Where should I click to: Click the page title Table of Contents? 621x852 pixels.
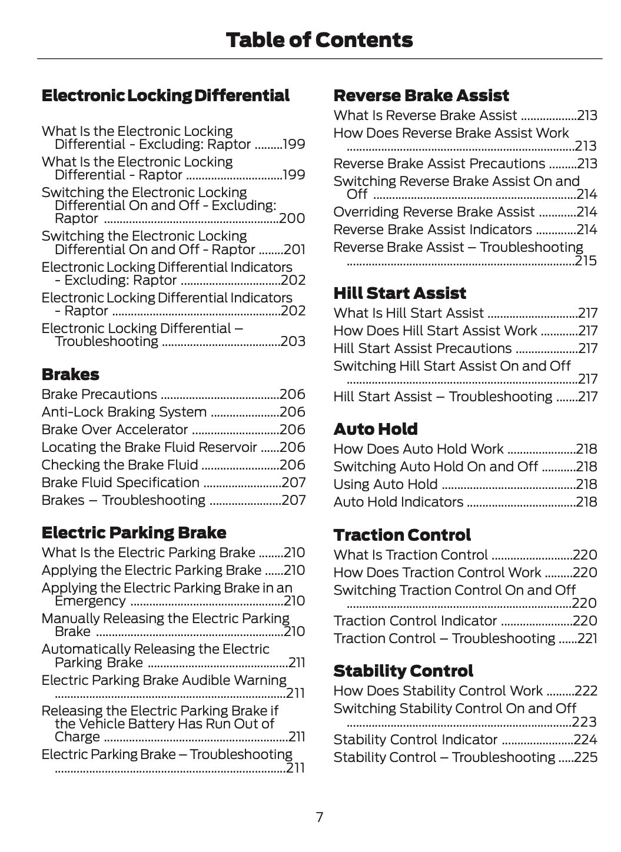coord(319,40)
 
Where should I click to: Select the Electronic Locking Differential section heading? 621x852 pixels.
coord(165,95)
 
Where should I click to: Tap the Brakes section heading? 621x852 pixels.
coord(70,374)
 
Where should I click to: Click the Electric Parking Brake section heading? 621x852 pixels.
coord(134,532)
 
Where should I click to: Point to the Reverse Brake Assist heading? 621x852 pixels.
coord(421,95)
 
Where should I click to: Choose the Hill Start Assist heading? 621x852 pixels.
coord(399,293)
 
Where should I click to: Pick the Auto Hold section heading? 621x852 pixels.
coord(375,429)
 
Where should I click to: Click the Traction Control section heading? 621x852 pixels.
coord(401,535)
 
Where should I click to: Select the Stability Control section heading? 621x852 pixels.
coord(403,671)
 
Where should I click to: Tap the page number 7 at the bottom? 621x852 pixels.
coord(319,817)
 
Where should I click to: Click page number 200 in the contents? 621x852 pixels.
coord(292,218)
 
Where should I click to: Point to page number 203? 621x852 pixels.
coord(293,341)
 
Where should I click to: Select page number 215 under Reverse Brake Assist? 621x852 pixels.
coord(586,261)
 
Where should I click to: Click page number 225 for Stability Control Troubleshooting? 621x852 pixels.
coord(586,757)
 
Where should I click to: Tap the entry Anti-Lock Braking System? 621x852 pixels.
coord(124,412)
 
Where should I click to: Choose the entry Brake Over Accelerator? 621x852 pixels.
coord(114,430)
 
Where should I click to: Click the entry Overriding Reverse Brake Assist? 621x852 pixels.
coord(434,212)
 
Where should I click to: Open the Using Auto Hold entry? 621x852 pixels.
coord(385,484)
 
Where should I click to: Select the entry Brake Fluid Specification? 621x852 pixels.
coord(120,482)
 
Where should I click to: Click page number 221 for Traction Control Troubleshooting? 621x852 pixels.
coord(587,638)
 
